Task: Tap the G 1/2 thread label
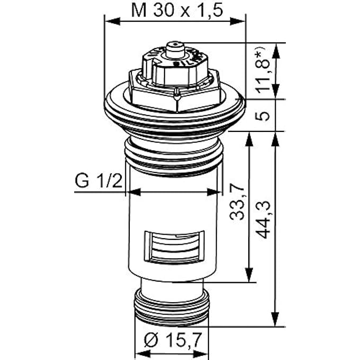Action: (98, 181)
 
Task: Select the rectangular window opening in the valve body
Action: (174, 247)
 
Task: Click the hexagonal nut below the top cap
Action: (174, 97)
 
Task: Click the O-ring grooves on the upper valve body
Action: (174, 159)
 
